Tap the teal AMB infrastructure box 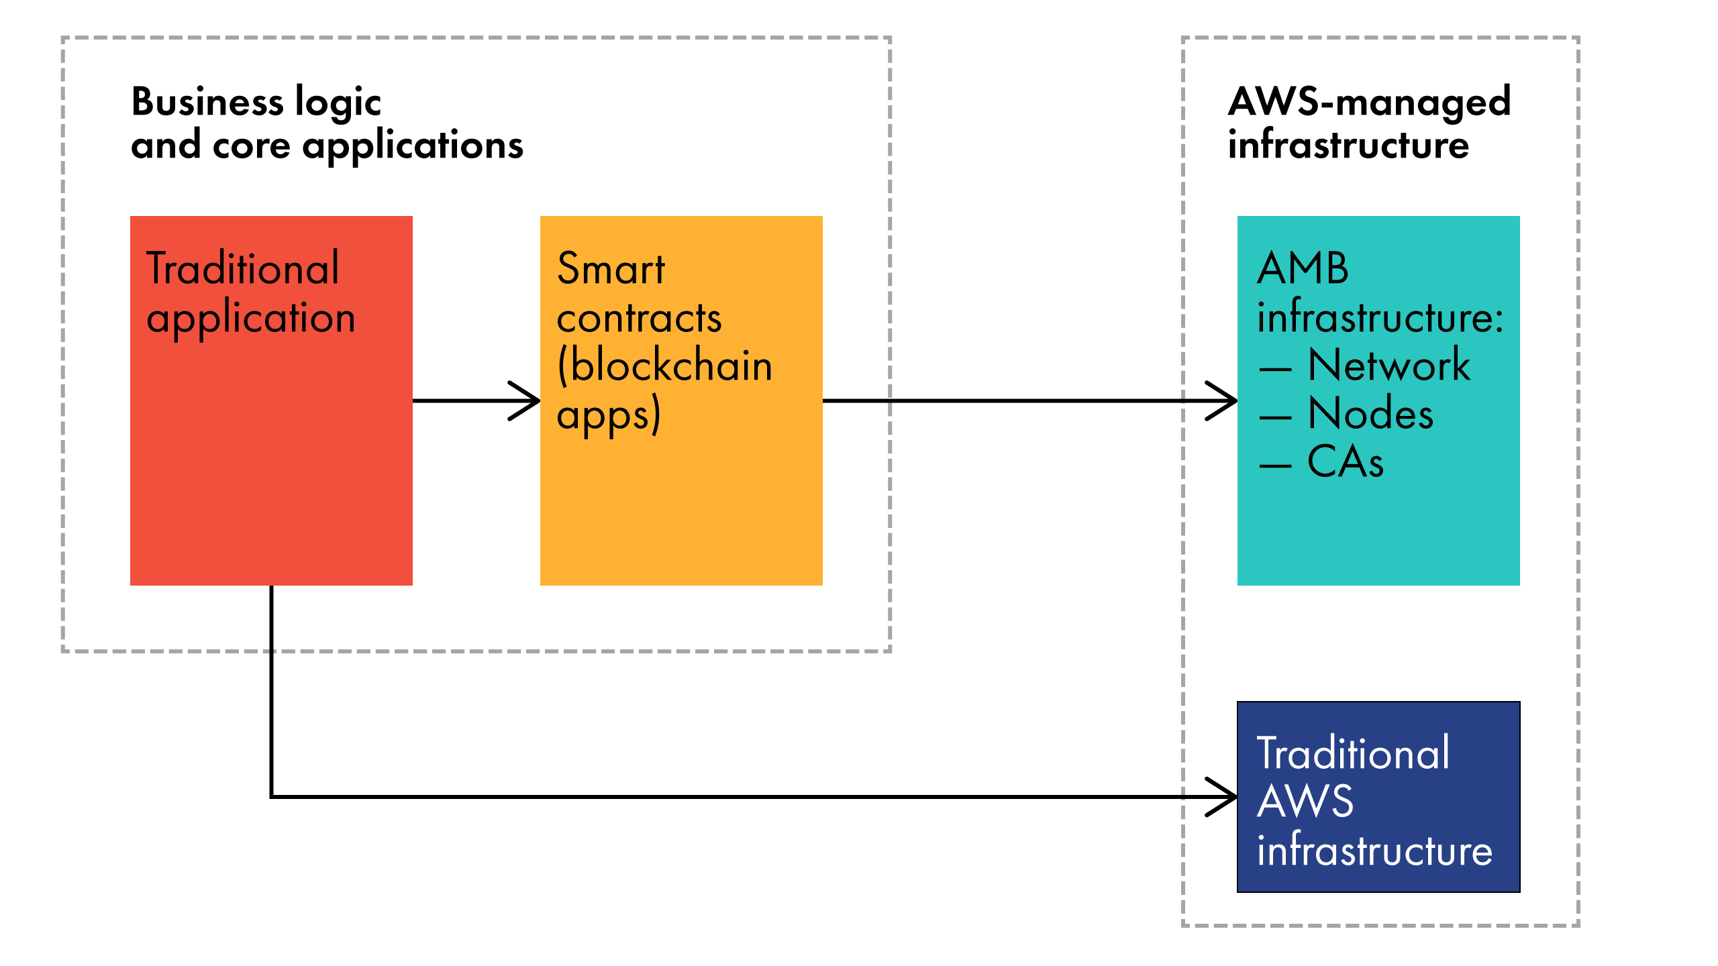coord(1378,530)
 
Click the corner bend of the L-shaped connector coord(272,796)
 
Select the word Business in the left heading coord(207,102)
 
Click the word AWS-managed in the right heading coord(1369,102)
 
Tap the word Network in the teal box coord(1388,366)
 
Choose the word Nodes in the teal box coord(1370,413)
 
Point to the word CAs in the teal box coord(1345,462)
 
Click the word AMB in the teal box coord(1303,268)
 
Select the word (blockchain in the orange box coord(664,366)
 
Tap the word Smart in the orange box coord(611,268)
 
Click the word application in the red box coord(250,319)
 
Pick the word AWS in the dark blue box coord(1305,801)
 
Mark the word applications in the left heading coord(412,146)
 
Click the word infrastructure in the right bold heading coord(1348,145)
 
